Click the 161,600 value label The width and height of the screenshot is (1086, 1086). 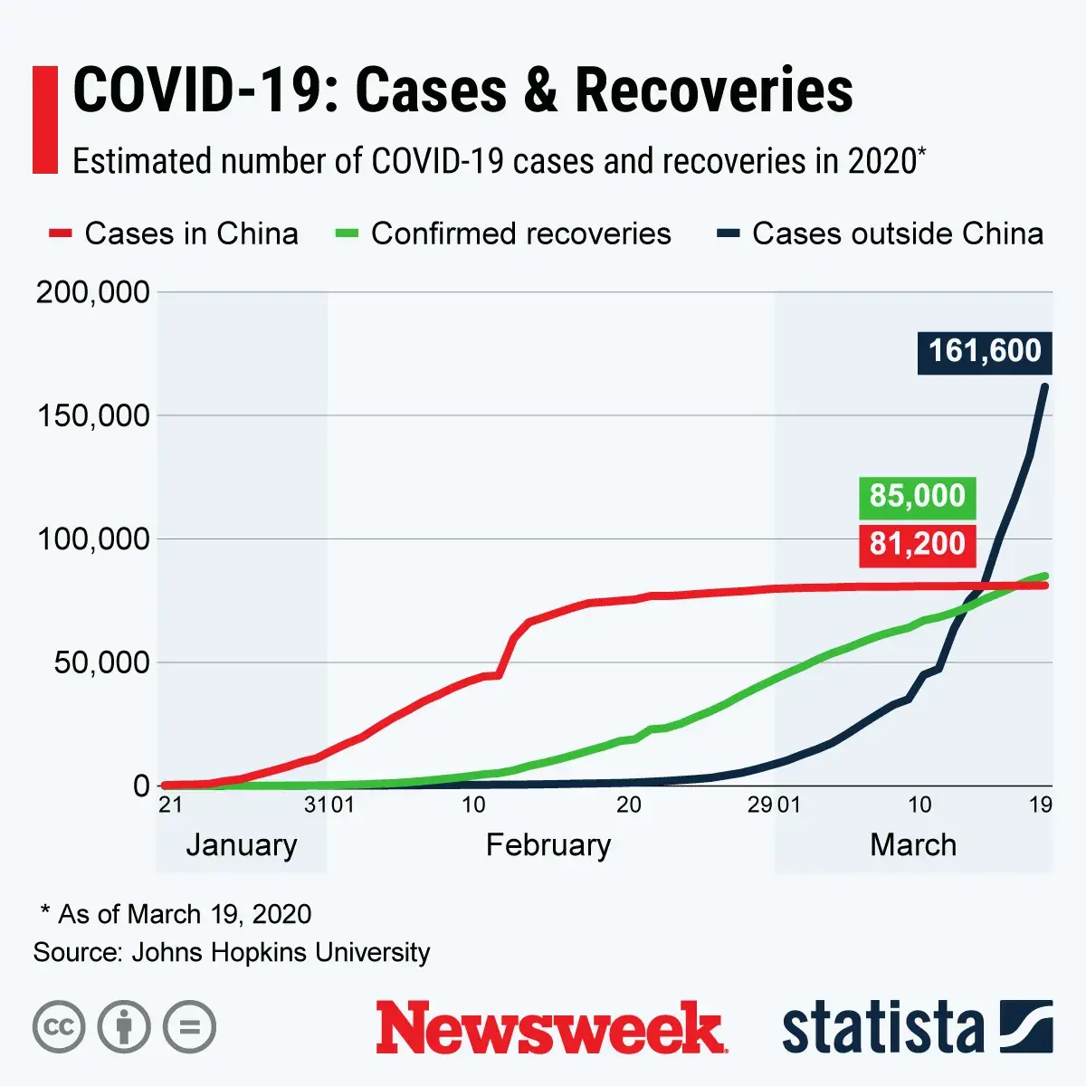985,351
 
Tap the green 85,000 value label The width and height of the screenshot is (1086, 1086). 917,496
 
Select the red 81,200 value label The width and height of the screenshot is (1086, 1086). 917,544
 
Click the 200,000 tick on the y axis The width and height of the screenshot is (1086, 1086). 93,292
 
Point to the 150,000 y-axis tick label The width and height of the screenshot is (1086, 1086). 93,416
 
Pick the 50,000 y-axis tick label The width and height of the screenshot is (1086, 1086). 101,662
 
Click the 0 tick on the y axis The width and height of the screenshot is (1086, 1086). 141,786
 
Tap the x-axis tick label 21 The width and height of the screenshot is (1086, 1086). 170,805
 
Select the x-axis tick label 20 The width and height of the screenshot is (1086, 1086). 628,805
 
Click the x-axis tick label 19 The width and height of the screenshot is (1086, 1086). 1041,805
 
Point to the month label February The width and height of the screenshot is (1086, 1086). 548,845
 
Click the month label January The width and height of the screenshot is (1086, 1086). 242,845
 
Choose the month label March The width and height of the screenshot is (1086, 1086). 912,845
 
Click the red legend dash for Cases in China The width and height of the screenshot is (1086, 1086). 60,234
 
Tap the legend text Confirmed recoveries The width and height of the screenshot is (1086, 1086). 521,233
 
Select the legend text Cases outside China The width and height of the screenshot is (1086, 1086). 898,233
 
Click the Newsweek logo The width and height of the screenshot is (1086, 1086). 550,1028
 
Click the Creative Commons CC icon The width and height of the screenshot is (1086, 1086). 59,1027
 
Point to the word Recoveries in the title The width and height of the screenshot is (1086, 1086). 714,90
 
